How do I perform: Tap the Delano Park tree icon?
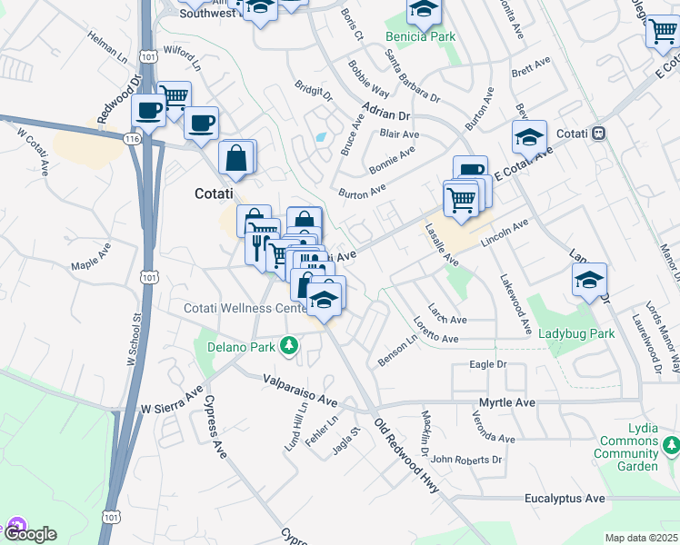tap(289, 345)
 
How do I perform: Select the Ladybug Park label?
tap(575, 333)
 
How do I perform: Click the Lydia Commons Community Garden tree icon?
tap(671, 445)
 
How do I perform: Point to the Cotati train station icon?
tap(598, 133)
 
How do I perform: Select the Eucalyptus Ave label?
tap(564, 499)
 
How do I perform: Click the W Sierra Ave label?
tap(172, 403)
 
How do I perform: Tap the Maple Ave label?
tap(91, 255)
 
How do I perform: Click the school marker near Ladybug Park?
tap(589, 279)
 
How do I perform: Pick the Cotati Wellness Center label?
tap(245, 309)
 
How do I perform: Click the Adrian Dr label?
tap(385, 111)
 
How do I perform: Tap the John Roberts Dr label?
tap(466, 460)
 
